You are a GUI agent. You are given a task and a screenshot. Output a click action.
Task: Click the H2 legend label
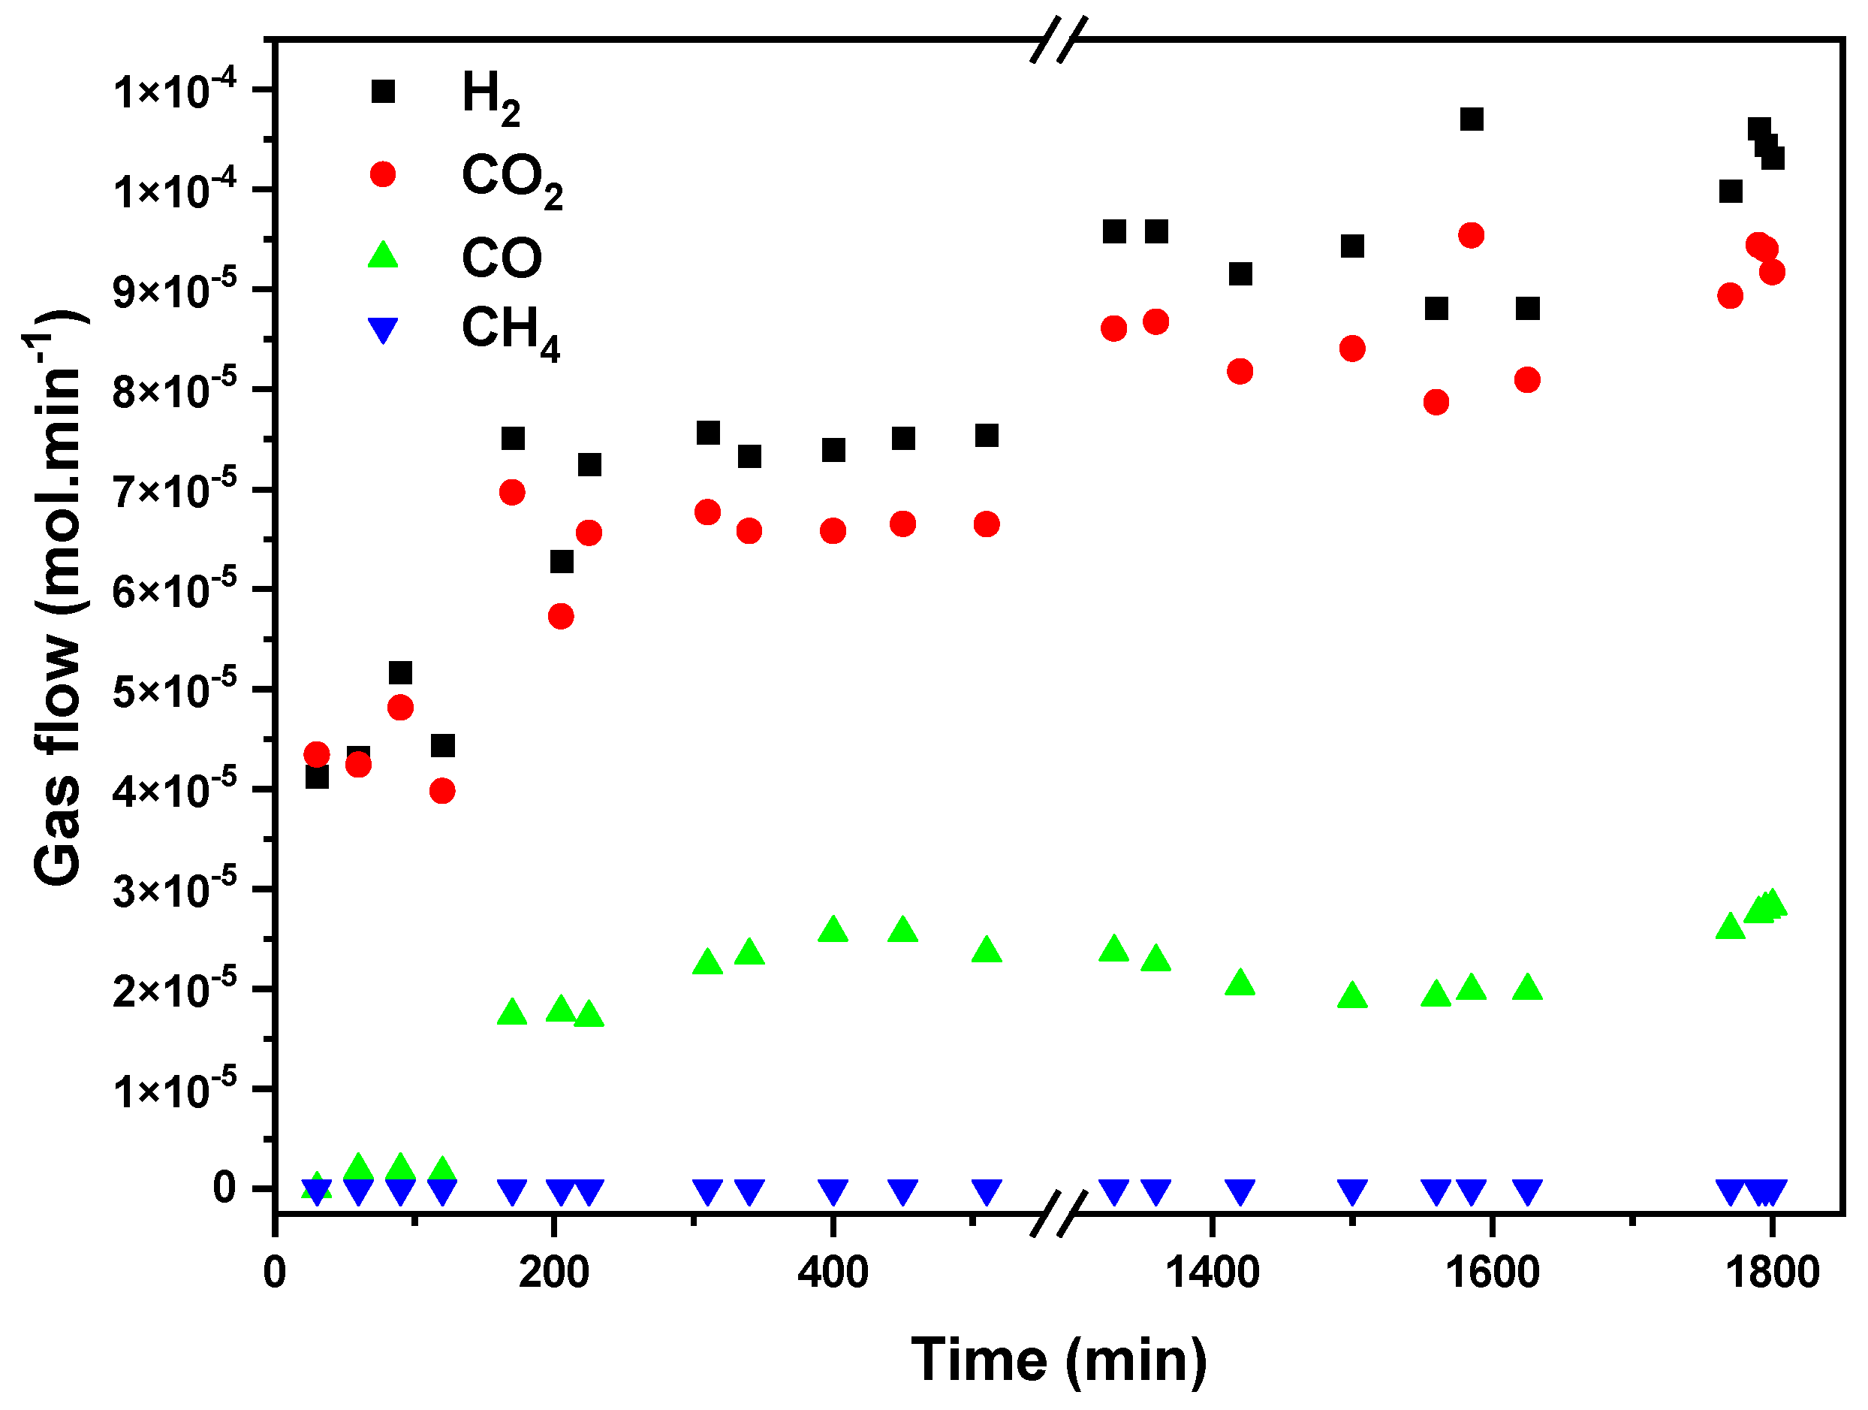(x=490, y=98)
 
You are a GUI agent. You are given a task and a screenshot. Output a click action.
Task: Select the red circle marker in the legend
(x=384, y=175)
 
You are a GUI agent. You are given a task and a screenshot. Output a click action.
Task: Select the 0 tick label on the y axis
(x=224, y=1188)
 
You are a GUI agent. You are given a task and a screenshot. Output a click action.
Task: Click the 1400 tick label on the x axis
(x=1212, y=1273)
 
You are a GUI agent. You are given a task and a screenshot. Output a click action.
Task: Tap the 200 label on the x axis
(x=554, y=1273)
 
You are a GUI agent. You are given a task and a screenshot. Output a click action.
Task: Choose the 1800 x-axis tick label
(x=1771, y=1273)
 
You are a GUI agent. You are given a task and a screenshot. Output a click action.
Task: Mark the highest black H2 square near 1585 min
(x=1471, y=119)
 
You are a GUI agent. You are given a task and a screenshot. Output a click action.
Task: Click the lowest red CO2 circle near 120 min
(x=442, y=791)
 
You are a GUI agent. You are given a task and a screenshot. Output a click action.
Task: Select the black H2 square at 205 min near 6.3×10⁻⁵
(x=562, y=562)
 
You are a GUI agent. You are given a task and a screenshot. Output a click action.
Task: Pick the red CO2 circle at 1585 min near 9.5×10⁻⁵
(x=1471, y=236)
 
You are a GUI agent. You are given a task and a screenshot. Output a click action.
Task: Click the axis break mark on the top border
(x=1057, y=39)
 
